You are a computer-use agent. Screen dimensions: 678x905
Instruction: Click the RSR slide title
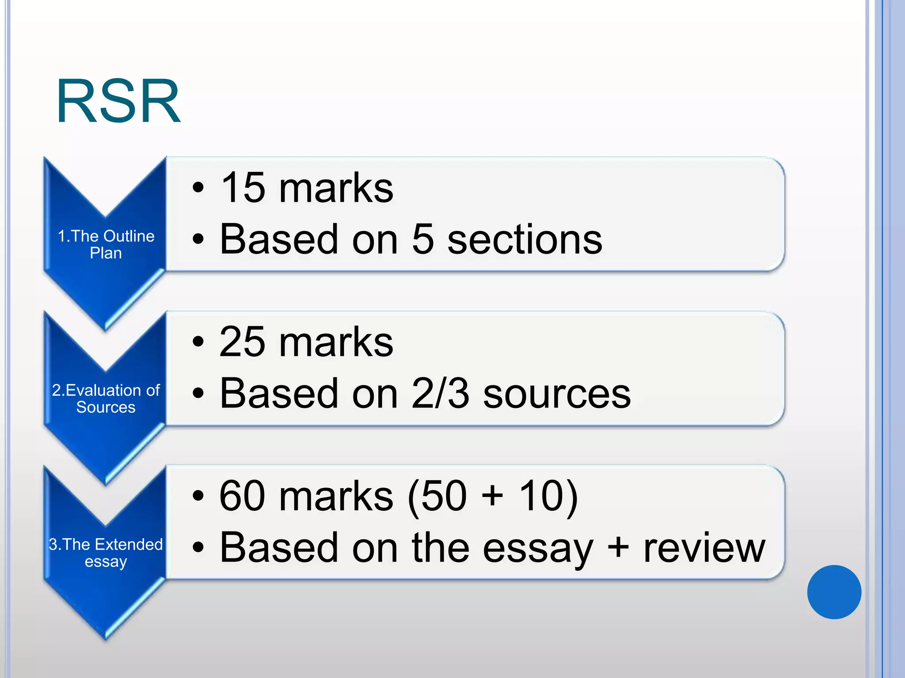click(x=118, y=102)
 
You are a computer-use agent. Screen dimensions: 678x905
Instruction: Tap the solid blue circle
click(x=834, y=592)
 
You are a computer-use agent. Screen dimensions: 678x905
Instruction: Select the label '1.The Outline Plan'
click(x=106, y=245)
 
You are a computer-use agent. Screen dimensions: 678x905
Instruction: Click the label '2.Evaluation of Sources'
click(x=106, y=399)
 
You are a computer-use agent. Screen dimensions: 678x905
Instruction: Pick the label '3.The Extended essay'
click(x=106, y=553)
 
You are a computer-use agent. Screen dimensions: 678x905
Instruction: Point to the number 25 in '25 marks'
click(x=242, y=342)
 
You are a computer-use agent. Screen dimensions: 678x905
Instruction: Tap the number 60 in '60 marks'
click(x=242, y=496)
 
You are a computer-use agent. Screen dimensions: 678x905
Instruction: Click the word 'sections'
click(x=525, y=239)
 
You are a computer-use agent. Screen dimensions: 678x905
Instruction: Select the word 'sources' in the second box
click(x=557, y=393)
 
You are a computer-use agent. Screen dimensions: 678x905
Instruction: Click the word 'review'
click(x=704, y=547)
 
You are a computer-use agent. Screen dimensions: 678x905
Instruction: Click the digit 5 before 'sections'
click(x=422, y=239)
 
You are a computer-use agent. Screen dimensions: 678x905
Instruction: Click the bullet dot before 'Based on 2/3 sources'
click(x=198, y=393)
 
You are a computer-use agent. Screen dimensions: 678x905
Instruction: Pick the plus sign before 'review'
click(x=618, y=547)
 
